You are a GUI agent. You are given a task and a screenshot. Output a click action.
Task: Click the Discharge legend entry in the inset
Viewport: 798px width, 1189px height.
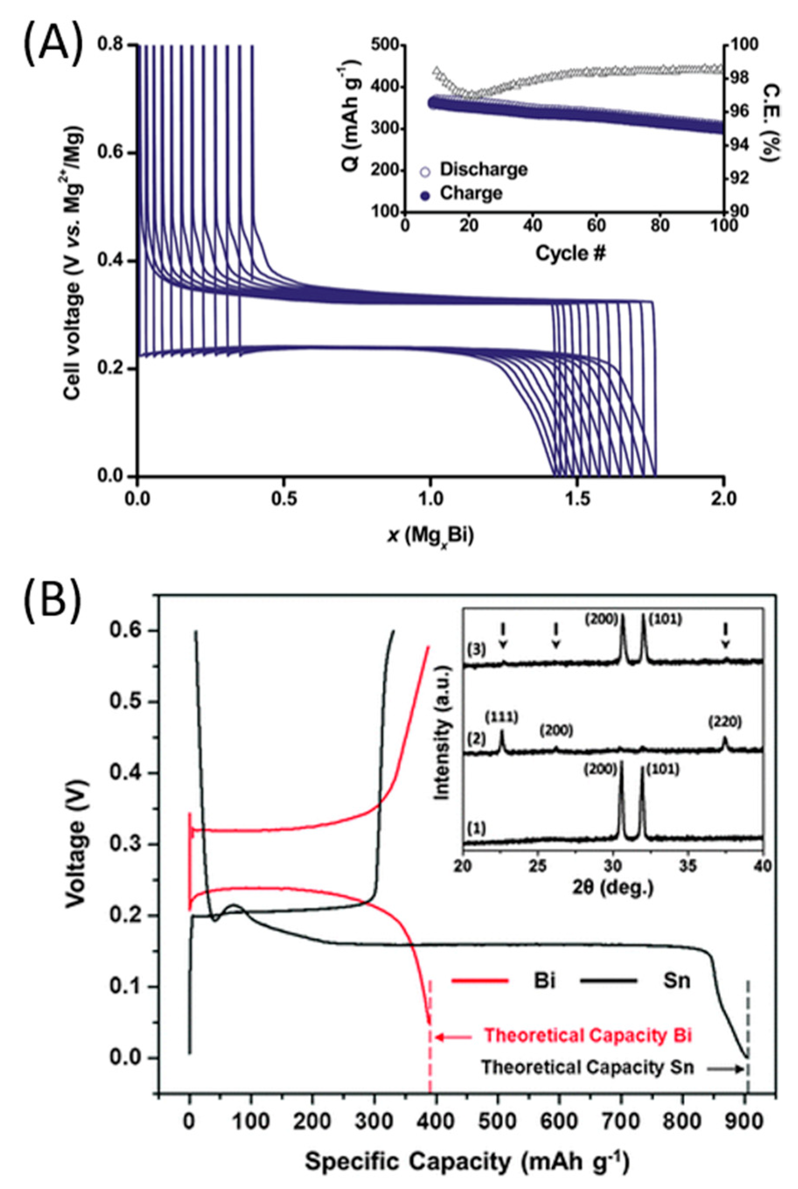click(482, 170)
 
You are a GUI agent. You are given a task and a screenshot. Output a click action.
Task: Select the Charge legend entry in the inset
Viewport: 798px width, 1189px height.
click(471, 193)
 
